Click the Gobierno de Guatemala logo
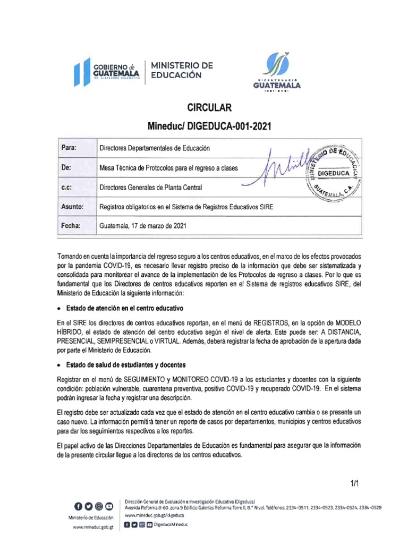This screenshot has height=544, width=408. pyautogui.click(x=106, y=72)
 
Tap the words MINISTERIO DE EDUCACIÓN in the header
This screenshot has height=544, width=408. pyautogui.click(x=182, y=70)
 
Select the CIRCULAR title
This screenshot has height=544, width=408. pyautogui.click(x=209, y=108)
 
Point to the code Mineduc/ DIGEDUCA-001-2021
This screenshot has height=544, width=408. pyautogui.click(x=209, y=126)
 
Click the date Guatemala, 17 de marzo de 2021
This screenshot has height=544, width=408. pyautogui.click(x=143, y=226)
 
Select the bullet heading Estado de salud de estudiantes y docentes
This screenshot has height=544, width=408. pyautogui.click(x=125, y=364)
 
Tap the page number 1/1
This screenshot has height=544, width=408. pyautogui.click(x=355, y=483)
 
